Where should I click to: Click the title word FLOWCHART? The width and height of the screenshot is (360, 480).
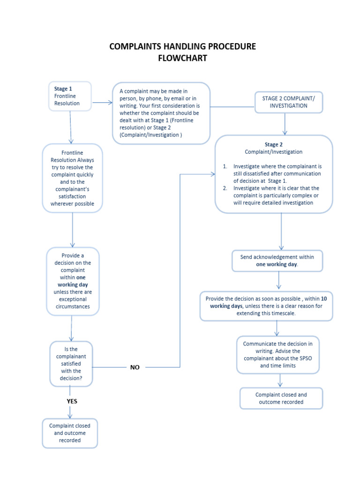182,58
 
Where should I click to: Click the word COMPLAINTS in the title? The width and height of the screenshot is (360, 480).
133,46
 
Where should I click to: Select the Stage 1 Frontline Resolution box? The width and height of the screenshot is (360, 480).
70,96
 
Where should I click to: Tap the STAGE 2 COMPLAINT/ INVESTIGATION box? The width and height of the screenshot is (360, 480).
289,102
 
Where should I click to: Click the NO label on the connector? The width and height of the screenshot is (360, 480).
135,367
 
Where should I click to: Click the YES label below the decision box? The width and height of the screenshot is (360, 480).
72,401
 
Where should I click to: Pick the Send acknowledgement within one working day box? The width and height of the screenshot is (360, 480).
277,261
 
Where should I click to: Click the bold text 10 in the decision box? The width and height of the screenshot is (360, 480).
324,299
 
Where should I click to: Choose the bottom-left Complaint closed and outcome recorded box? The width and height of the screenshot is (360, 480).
70,433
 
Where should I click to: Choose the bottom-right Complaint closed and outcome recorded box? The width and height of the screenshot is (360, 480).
281,398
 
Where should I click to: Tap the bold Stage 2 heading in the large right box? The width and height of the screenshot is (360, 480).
274,144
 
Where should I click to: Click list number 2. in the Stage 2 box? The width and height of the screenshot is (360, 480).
225,188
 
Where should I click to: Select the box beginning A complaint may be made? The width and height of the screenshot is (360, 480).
161,113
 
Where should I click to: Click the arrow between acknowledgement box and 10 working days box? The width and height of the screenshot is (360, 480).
279,281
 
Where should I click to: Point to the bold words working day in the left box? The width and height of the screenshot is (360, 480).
73,285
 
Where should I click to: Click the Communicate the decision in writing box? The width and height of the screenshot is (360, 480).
278,354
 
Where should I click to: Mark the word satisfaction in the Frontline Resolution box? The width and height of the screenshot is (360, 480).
72,196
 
